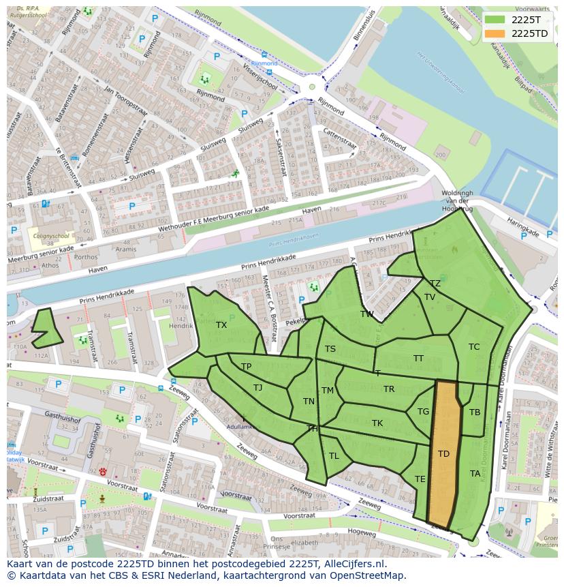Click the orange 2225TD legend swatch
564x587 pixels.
coord(495,33)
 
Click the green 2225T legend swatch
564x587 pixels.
coord(495,20)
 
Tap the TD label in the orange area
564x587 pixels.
coord(443,454)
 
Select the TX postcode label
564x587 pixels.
coord(221,325)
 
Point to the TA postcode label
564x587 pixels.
coord(475,473)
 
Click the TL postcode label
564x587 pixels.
coord(334,456)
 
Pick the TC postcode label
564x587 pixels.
coord(474,347)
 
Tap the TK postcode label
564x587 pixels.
coord(377,423)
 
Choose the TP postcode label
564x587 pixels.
coord(246,367)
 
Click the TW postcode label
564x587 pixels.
coord(367,314)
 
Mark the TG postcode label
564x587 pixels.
coord(423,412)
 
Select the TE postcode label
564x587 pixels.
coord(420,479)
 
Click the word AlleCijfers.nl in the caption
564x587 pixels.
coord(354,565)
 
